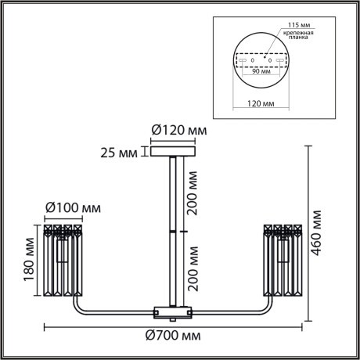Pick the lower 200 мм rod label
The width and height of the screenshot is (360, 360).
point(193,267)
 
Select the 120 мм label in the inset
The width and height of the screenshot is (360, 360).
point(261,102)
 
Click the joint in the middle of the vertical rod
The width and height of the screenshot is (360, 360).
point(172,232)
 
